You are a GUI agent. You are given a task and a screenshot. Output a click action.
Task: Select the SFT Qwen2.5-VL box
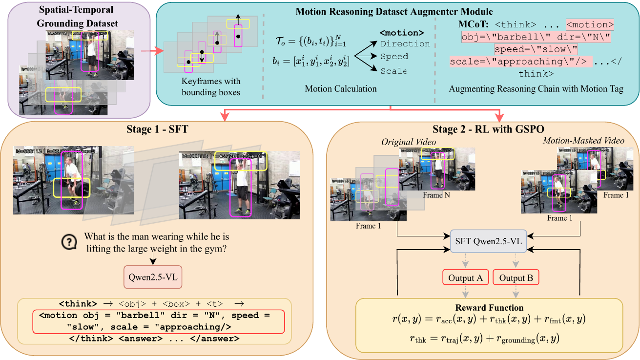click(x=488, y=242)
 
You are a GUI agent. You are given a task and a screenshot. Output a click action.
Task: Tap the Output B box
click(x=516, y=277)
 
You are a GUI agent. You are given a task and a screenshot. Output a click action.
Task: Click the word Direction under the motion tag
click(x=405, y=44)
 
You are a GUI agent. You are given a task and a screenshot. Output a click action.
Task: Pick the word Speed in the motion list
click(x=394, y=57)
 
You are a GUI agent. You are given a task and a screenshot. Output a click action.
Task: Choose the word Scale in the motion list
click(x=393, y=71)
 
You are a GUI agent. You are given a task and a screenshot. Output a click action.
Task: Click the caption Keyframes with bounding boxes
click(x=211, y=86)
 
